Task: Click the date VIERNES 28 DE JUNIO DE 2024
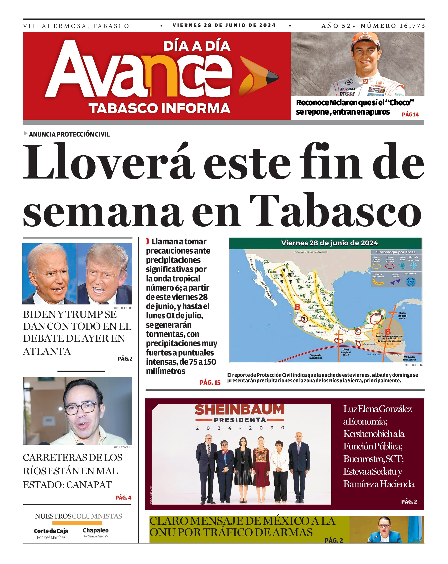[x=224, y=25]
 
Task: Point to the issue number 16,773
[x=412, y=26]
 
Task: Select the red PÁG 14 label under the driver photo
[x=410, y=114]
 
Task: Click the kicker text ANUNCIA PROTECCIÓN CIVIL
[x=69, y=134]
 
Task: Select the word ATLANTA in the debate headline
[x=47, y=351]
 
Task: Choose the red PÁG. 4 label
[x=123, y=497]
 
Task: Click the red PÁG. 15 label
[x=210, y=383]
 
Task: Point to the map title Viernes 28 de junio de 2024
[x=329, y=243]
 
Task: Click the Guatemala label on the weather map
[x=370, y=344]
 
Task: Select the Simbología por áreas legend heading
[x=395, y=252]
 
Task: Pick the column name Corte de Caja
[x=51, y=531]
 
